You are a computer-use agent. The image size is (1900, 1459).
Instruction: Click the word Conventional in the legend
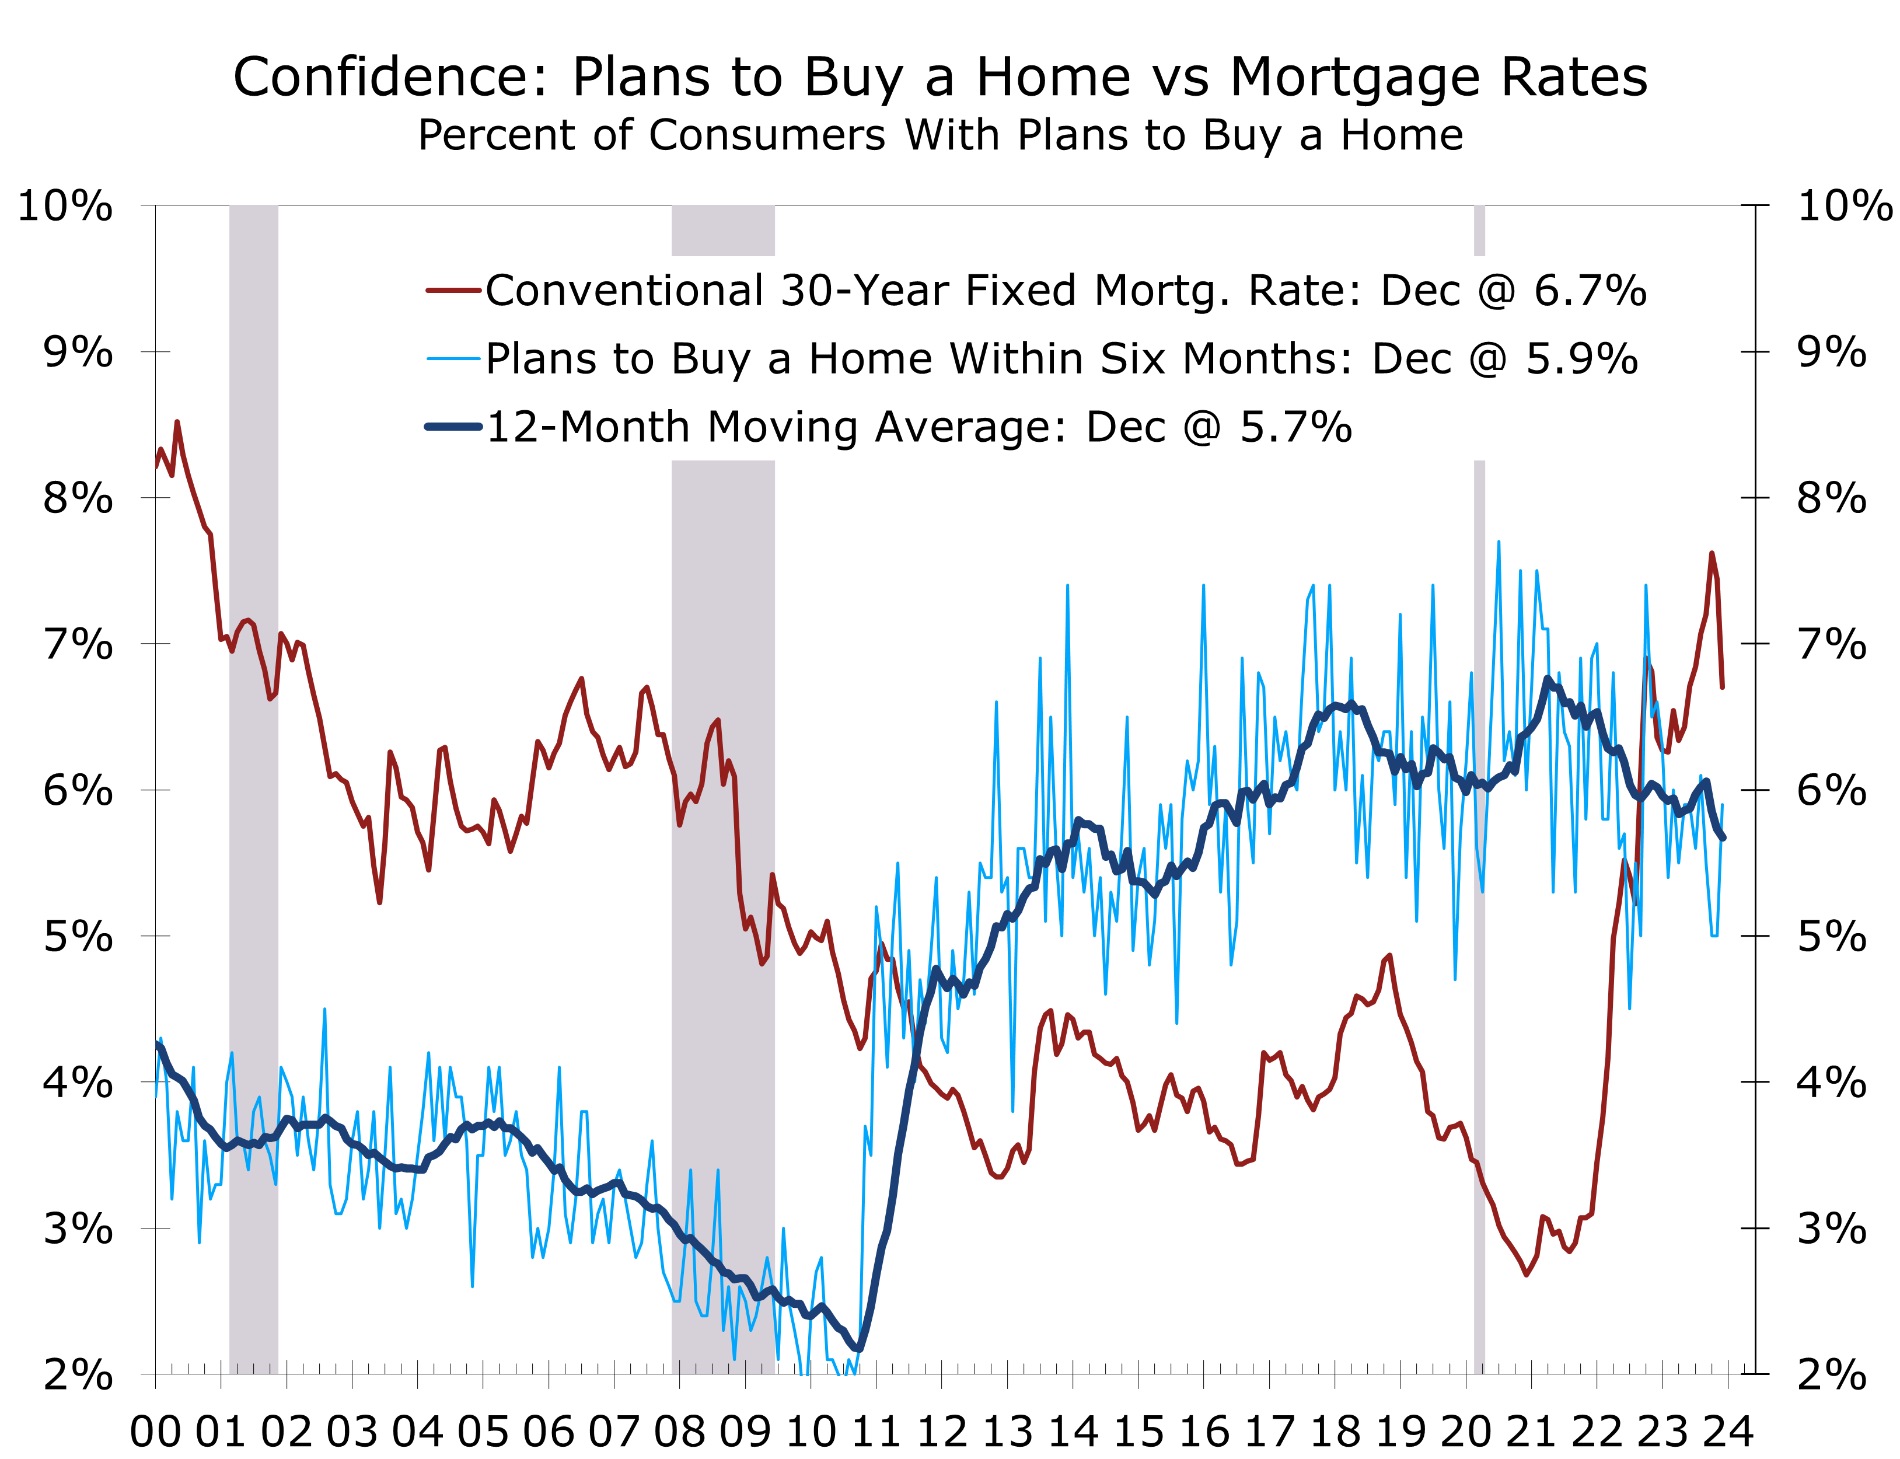(x=623, y=291)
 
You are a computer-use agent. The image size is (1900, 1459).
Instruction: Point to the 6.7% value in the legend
(x=1589, y=291)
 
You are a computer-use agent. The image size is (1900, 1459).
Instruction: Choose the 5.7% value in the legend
(x=1295, y=427)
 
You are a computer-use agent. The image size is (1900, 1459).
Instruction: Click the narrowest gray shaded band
(x=1479, y=781)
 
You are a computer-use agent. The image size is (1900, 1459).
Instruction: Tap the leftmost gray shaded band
(x=254, y=781)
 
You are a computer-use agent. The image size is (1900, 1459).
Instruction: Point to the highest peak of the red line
(x=177, y=423)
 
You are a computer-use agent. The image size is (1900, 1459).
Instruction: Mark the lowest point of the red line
(x=1526, y=1274)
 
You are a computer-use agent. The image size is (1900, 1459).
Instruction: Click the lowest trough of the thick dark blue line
(x=858, y=1349)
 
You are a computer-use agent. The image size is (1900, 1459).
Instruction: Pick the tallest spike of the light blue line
(x=1499, y=543)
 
